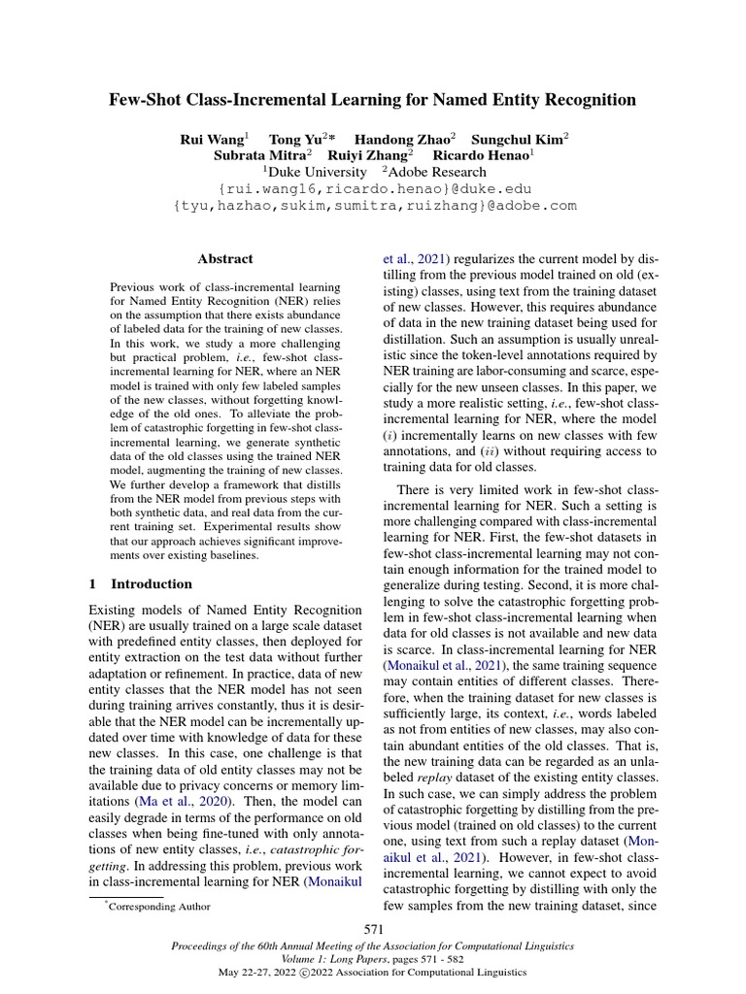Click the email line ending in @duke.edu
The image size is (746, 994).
(373, 188)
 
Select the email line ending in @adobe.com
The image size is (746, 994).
(373, 205)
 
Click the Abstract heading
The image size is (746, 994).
(225, 259)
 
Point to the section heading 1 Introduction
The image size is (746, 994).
(141, 584)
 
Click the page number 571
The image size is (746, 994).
(373, 930)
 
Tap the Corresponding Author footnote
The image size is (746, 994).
(158, 906)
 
